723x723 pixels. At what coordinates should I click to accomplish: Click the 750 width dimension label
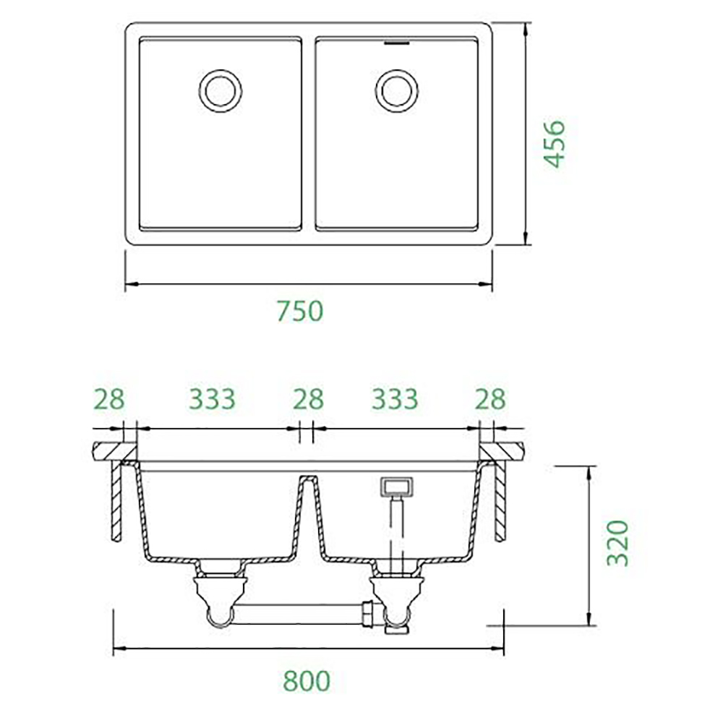(x=300, y=311)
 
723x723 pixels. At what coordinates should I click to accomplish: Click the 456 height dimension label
(x=554, y=144)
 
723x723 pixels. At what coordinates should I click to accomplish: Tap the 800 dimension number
(x=307, y=681)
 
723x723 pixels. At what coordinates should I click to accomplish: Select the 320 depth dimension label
(x=617, y=543)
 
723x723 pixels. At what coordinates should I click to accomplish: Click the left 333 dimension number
(x=212, y=399)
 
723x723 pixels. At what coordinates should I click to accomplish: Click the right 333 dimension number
(x=395, y=399)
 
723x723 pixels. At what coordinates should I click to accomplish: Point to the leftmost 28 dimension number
(x=109, y=399)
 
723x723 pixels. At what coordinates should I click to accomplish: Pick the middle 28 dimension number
(x=309, y=399)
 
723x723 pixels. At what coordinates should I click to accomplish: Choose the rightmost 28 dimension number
(x=491, y=399)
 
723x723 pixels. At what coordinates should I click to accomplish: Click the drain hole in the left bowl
(x=221, y=91)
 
